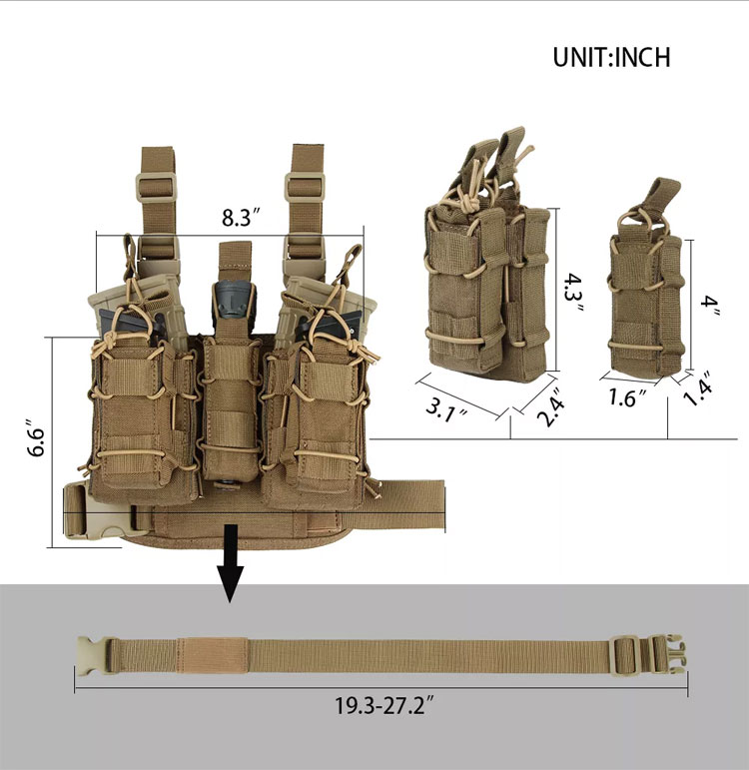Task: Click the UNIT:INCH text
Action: click(x=611, y=56)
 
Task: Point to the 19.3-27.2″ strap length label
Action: click(x=383, y=707)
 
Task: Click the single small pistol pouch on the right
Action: click(x=646, y=290)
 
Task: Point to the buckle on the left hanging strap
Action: click(x=156, y=185)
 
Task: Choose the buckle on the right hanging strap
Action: click(x=305, y=185)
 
